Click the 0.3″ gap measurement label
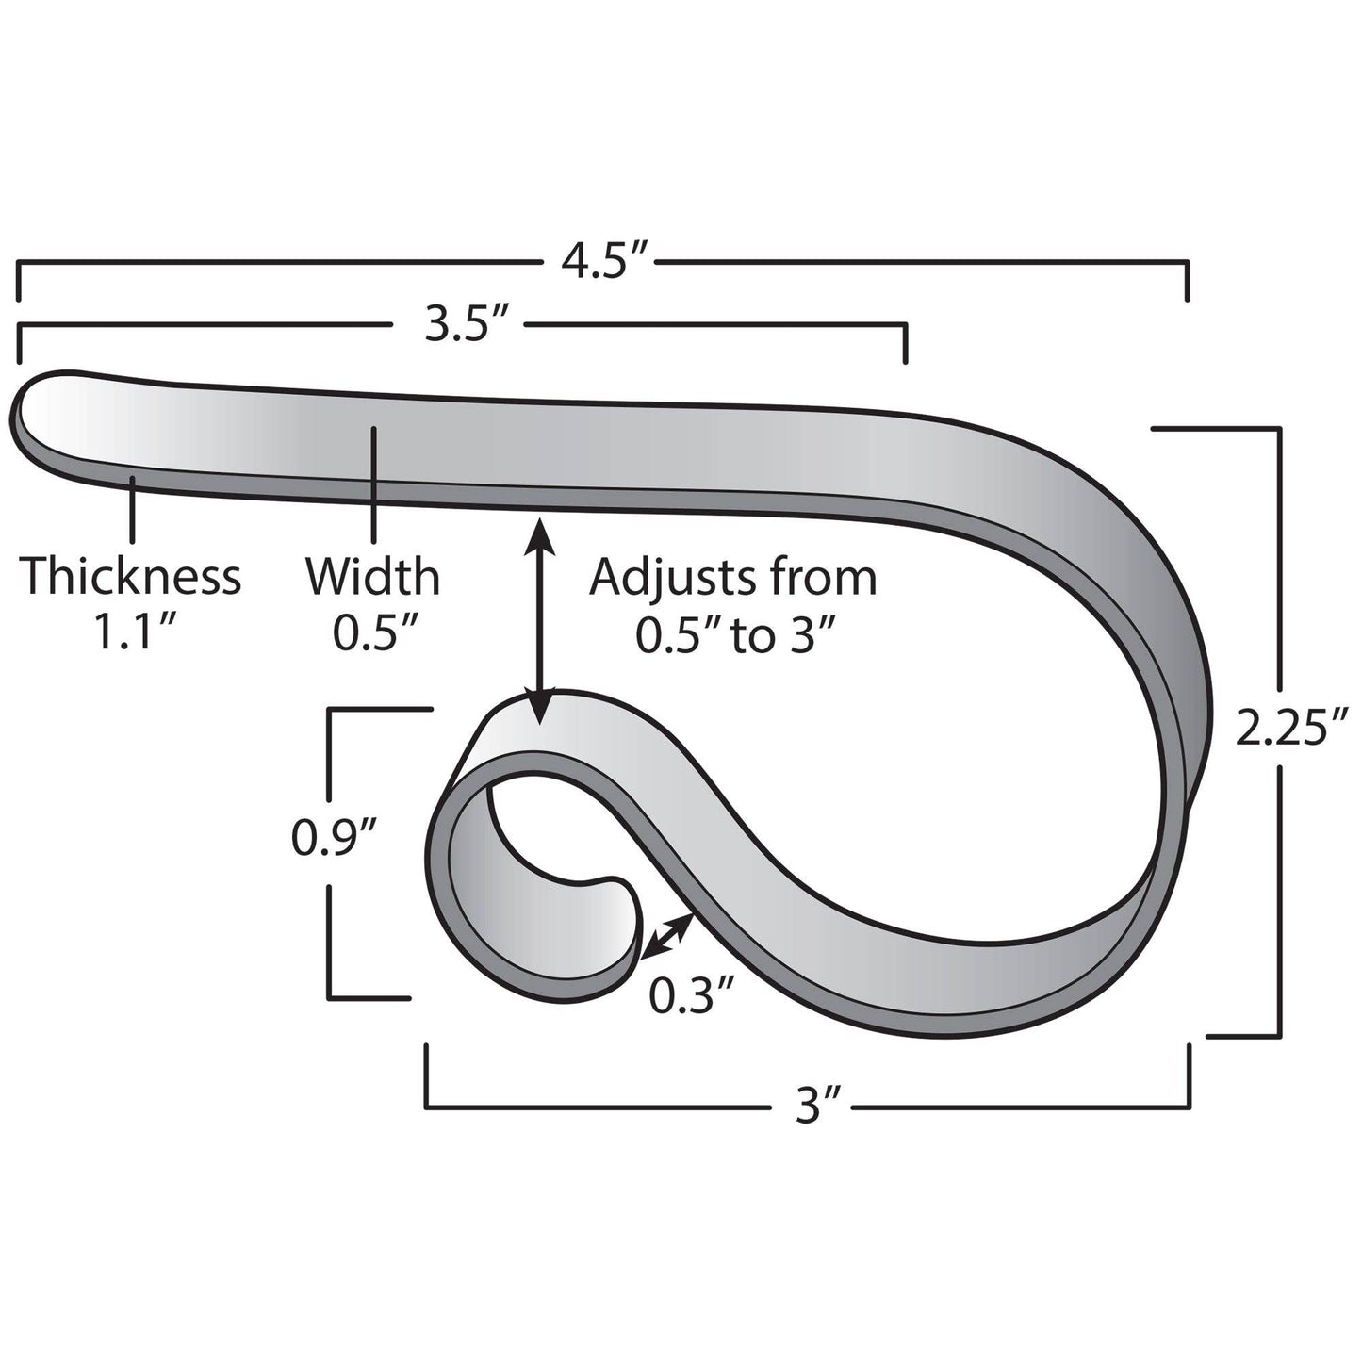(x=692, y=995)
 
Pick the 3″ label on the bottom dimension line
(x=810, y=1105)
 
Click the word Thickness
(x=131, y=577)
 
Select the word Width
(x=372, y=577)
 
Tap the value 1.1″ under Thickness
(x=131, y=634)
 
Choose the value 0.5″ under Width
(x=373, y=634)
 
